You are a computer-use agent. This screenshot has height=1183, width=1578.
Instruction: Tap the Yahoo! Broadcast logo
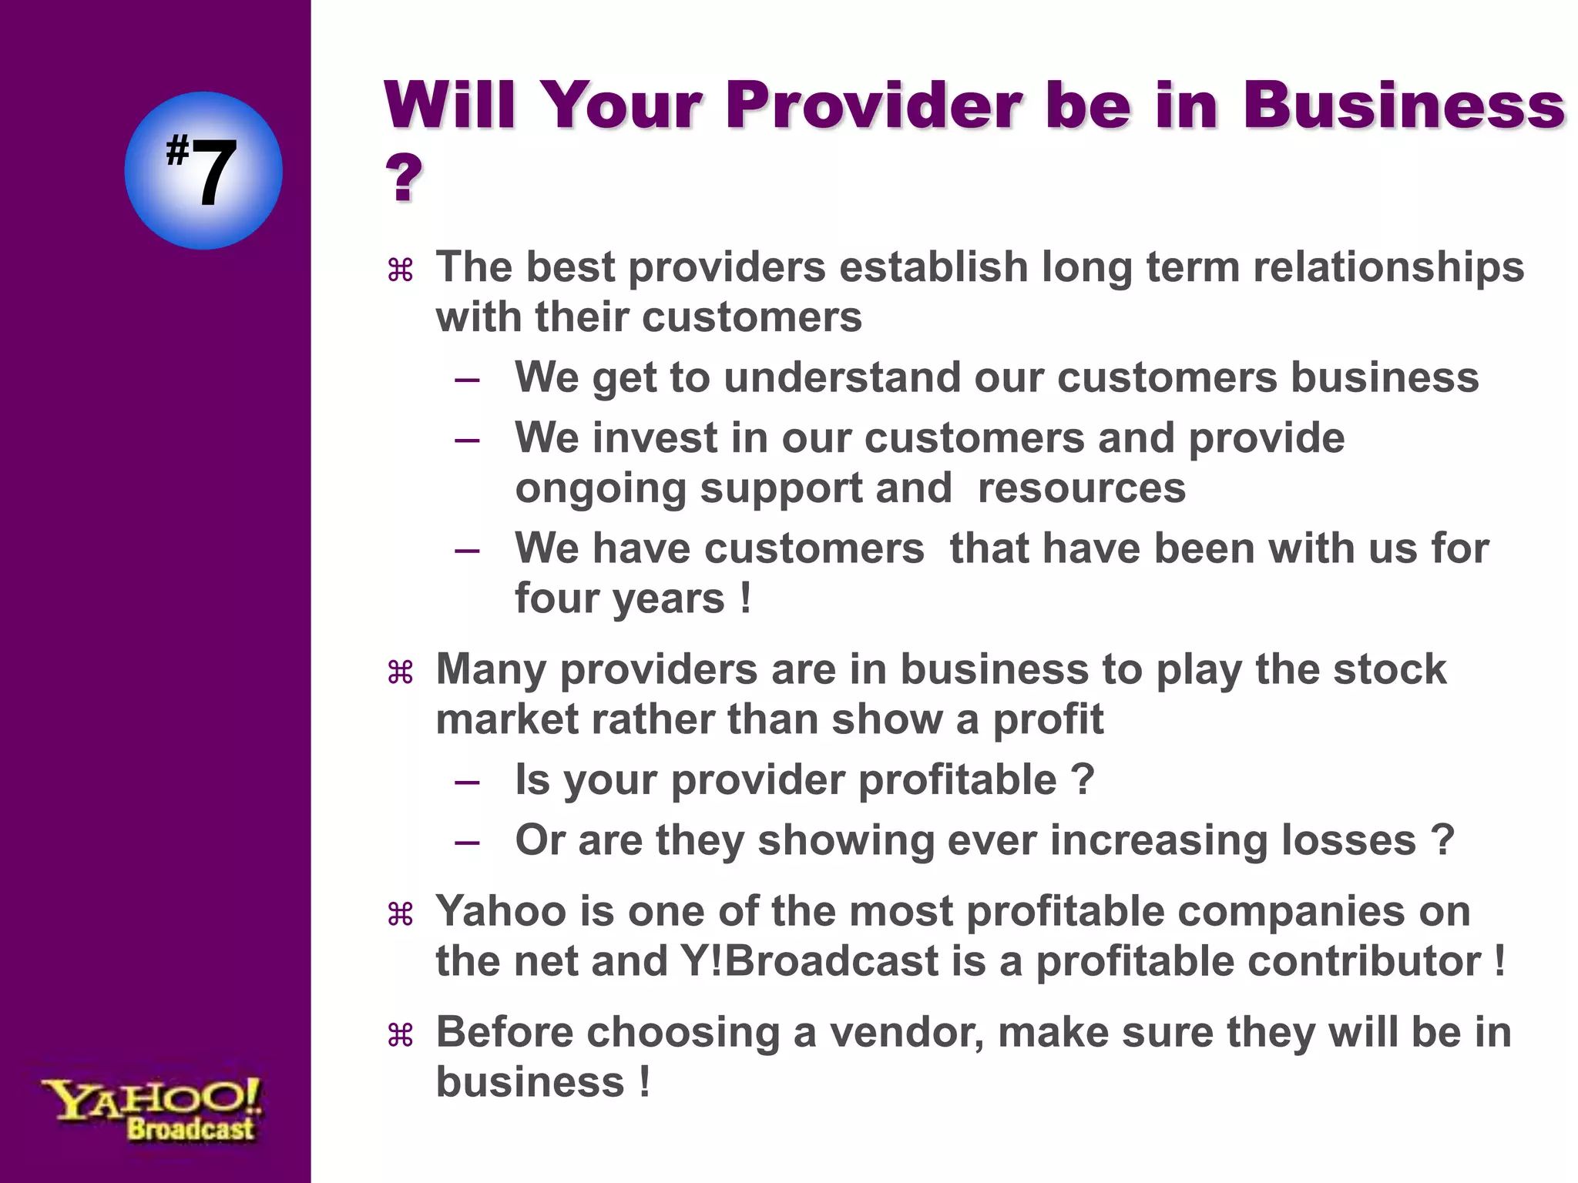pyautogui.click(x=153, y=1110)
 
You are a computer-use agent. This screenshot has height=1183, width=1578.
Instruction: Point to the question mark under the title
pyautogui.click(x=404, y=179)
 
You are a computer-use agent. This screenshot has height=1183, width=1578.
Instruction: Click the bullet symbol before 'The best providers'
pyautogui.click(x=401, y=270)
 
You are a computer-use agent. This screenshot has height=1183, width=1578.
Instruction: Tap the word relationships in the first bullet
pyautogui.click(x=1388, y=267)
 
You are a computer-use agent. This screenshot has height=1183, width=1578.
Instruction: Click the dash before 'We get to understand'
pyautogui.click(x=467, y=380)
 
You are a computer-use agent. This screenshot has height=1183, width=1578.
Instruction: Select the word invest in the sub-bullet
pyautogui.click(x=655, y=437)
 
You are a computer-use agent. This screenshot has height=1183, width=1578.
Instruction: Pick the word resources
pyautogui.click(x=1081, y=488)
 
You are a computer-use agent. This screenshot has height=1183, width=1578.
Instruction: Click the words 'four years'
pyautogui.click(x=619, y=598)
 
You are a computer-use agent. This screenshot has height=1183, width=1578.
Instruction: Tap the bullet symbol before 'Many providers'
pyautogui.click(x=401, y=673)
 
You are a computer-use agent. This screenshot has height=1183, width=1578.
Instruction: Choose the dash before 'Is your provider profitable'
pyautogui.click(x=467, y=783)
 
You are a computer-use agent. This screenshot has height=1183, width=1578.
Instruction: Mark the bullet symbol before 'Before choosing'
pyautogui.click(x=401, y=1036)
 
